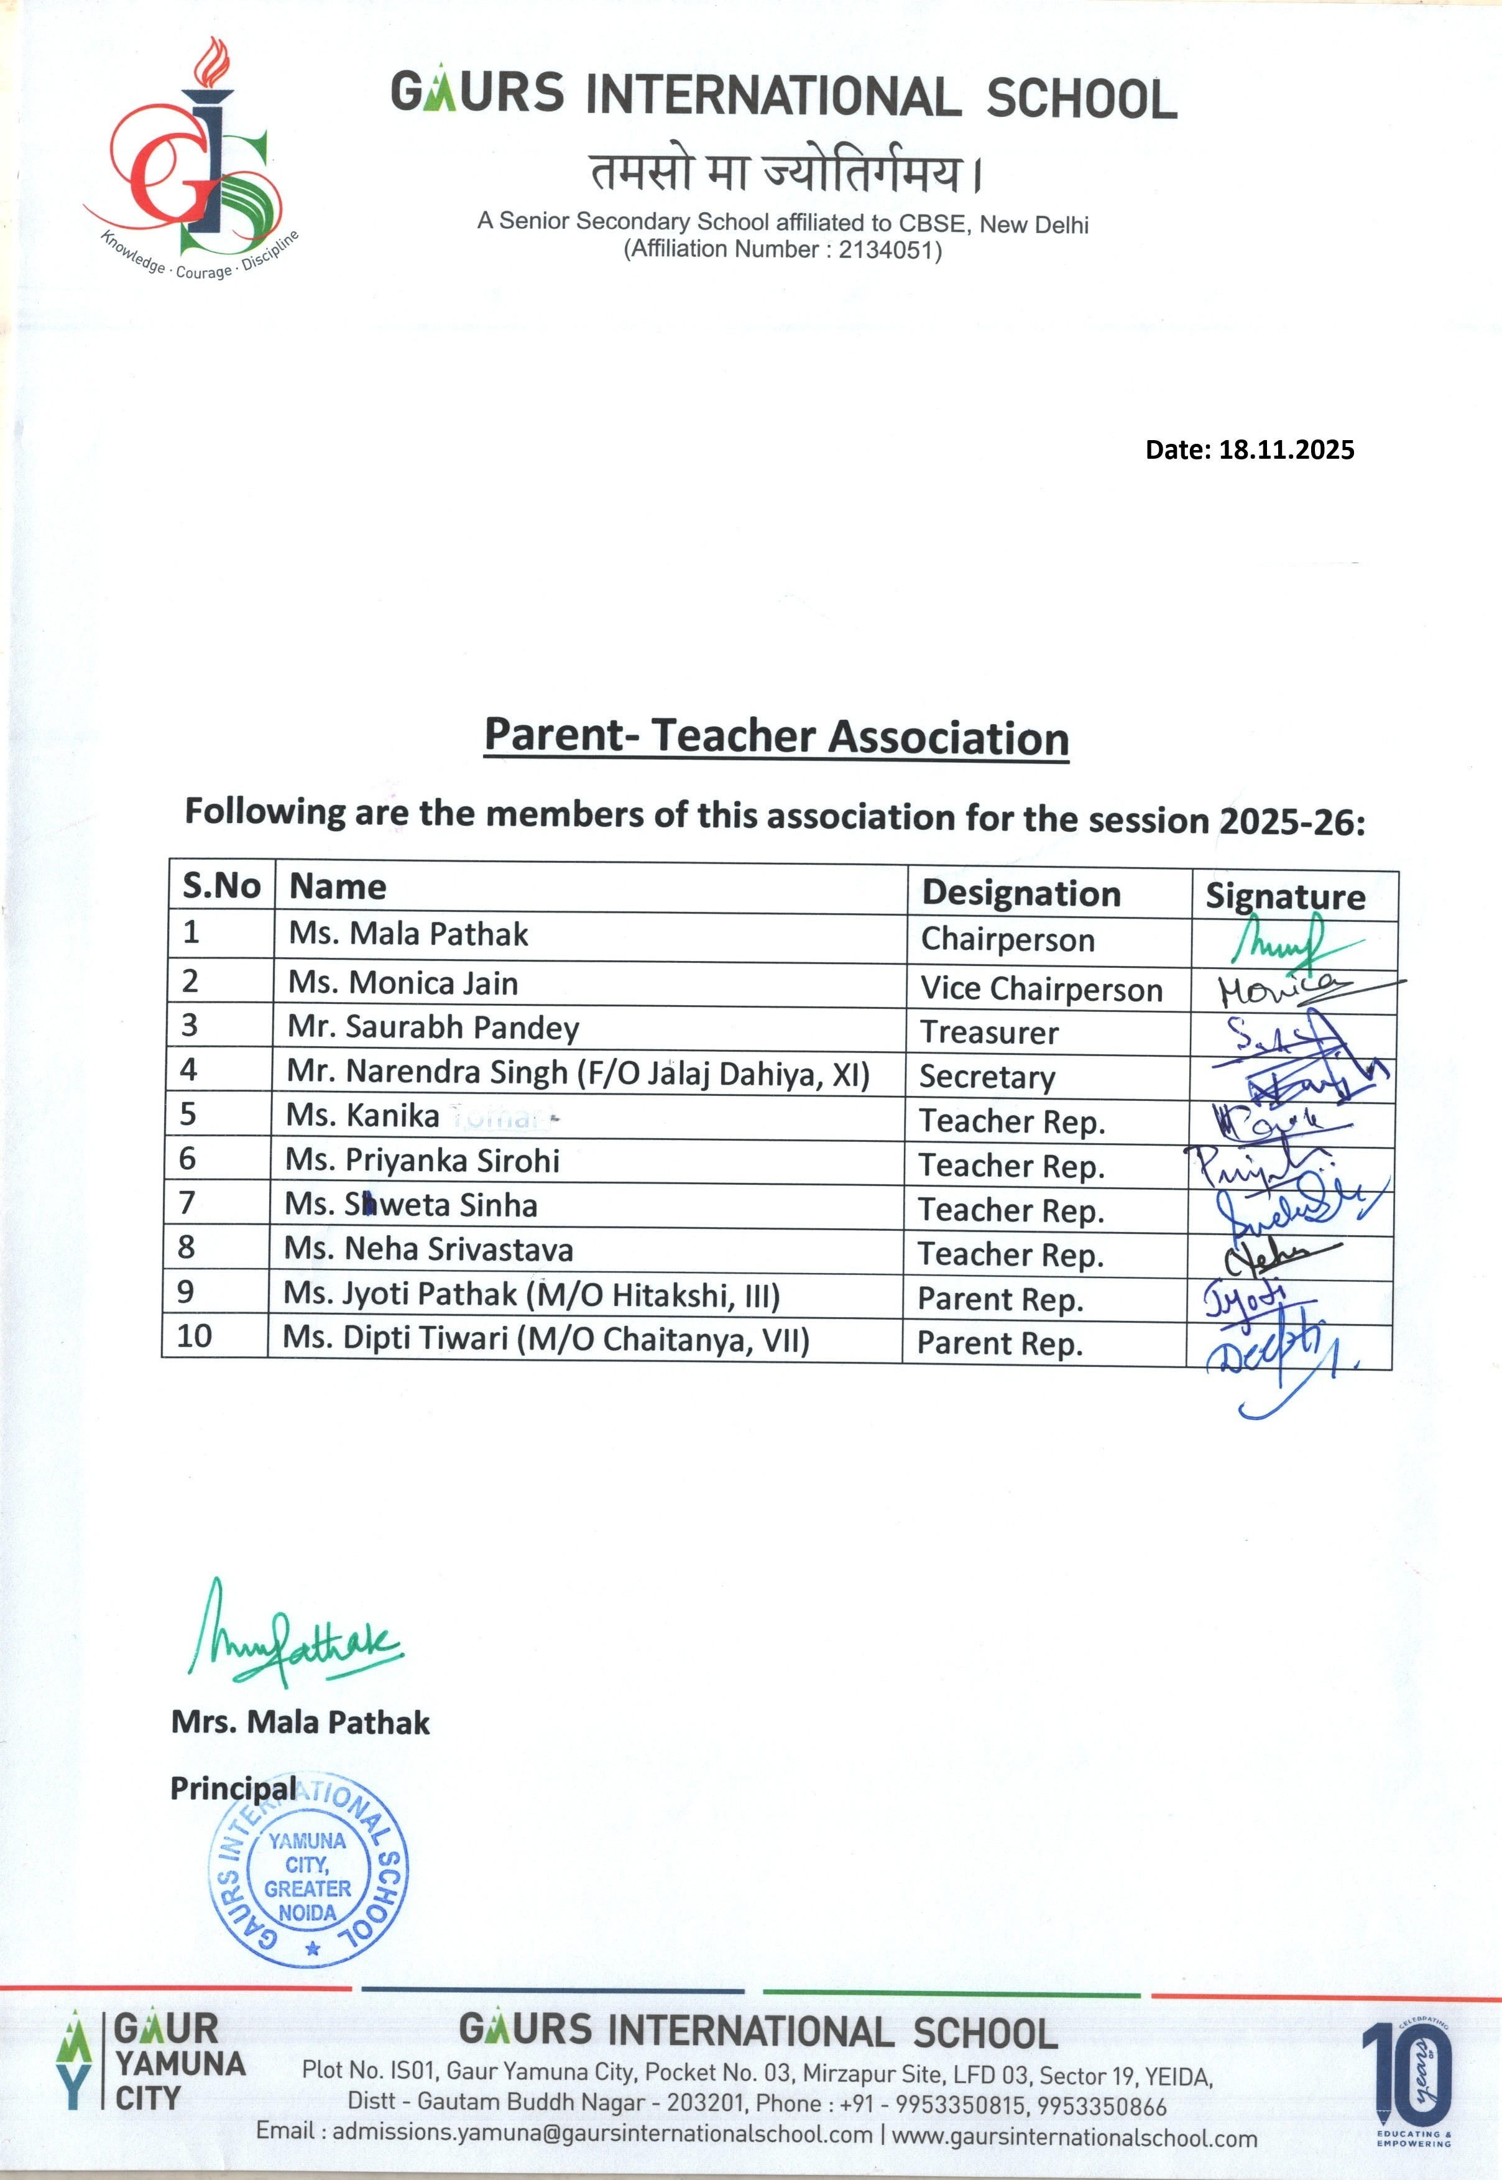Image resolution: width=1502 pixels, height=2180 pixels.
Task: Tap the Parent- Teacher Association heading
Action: (776, 736)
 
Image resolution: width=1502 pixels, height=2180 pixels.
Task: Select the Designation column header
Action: (1021, 893)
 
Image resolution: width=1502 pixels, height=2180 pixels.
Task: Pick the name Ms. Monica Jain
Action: (403, 983)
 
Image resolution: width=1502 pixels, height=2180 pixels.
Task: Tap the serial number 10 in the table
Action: (194, 1336)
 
